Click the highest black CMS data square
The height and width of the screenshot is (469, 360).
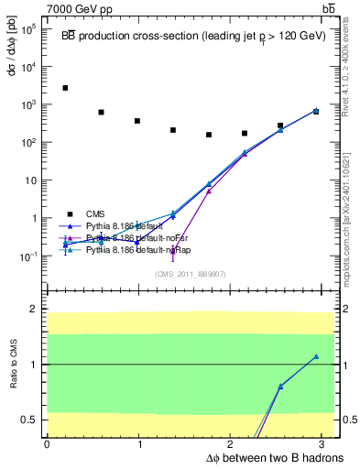pos(65,88)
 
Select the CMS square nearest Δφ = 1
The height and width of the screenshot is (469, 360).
pos(136,121)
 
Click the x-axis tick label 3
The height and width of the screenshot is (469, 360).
pos(326,444)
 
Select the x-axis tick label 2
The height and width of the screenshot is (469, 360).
pos(233,444)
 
